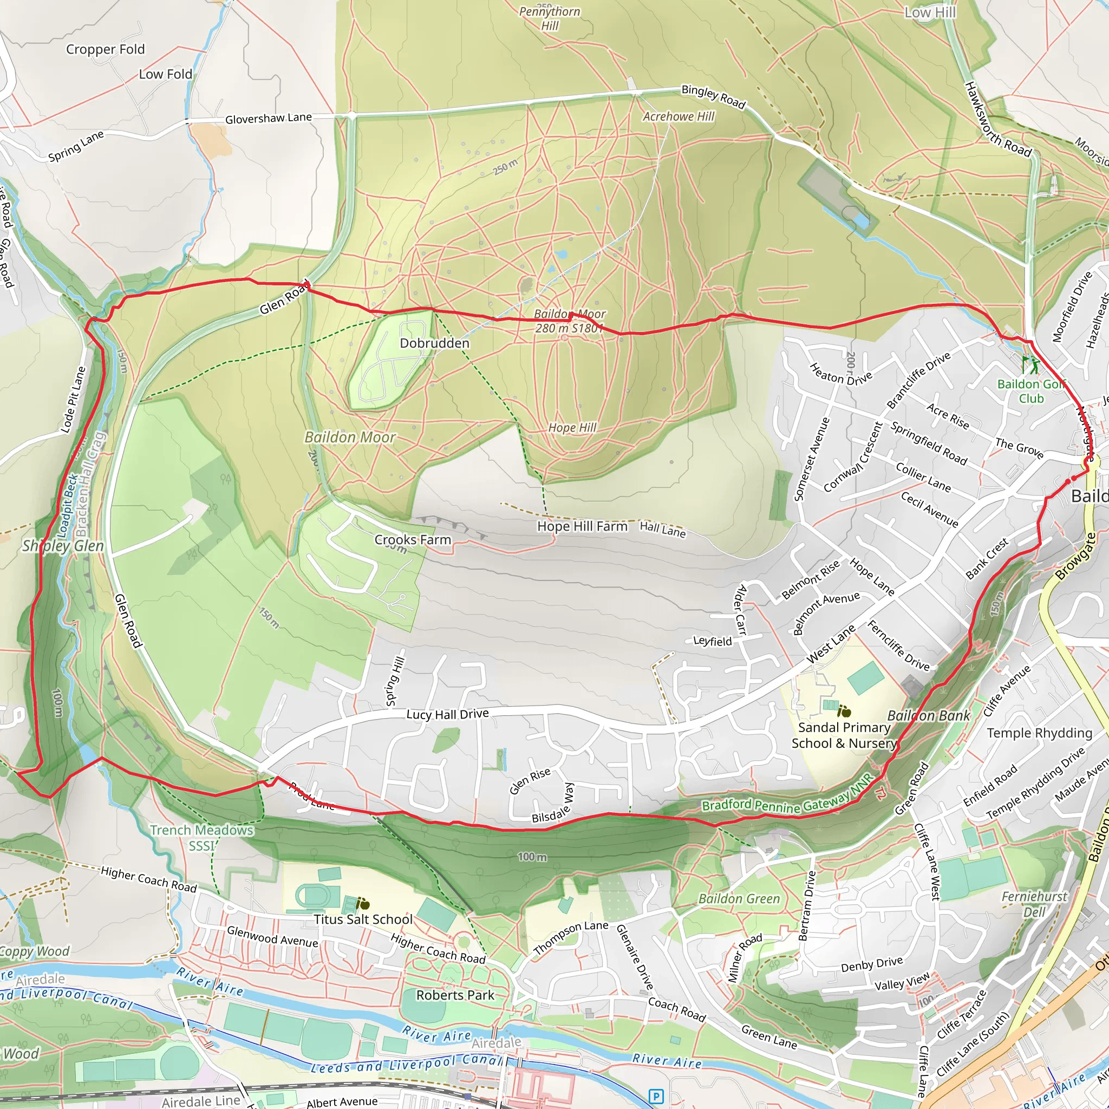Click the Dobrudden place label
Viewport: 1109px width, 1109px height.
click(434, 343)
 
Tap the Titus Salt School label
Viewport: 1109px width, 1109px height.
click(363, 919)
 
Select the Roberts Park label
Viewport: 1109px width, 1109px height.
click(455, 995)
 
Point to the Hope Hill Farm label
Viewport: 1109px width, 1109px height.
click(582, 526)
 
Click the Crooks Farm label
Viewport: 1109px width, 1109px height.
click(413, 539)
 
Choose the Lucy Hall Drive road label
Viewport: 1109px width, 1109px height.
click(448, 714)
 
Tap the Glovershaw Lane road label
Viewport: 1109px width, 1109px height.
click(268, 118)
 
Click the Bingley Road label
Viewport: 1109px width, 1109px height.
click(713, 96)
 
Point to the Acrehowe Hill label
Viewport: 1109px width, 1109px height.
click(679, 116)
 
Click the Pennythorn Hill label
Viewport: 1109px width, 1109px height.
click(549, 18)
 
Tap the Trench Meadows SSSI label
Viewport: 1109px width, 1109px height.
click(201, 838)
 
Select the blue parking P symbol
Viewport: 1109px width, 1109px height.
click(656, 1096)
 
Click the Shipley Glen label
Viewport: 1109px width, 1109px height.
click(63, 546)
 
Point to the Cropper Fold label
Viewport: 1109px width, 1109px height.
click(105, 49)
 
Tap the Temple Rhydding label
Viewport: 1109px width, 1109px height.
click(1039, 733)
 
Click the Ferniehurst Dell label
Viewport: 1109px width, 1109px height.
click(1034, 904)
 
